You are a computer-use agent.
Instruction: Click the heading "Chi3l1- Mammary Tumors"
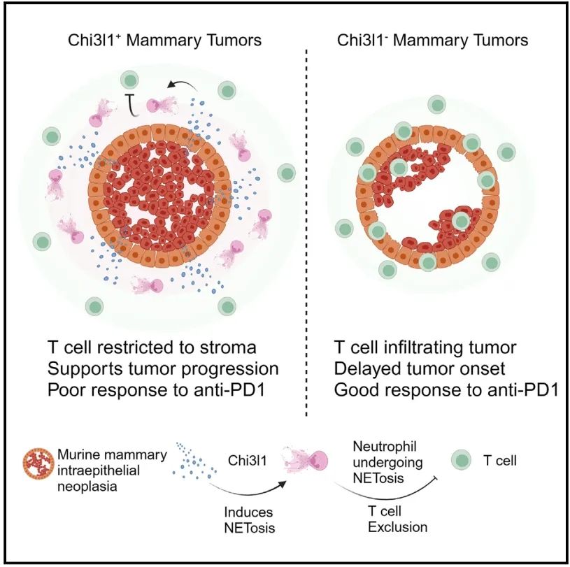tap(432, 40)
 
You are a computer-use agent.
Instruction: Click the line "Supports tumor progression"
tap(163, 368)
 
